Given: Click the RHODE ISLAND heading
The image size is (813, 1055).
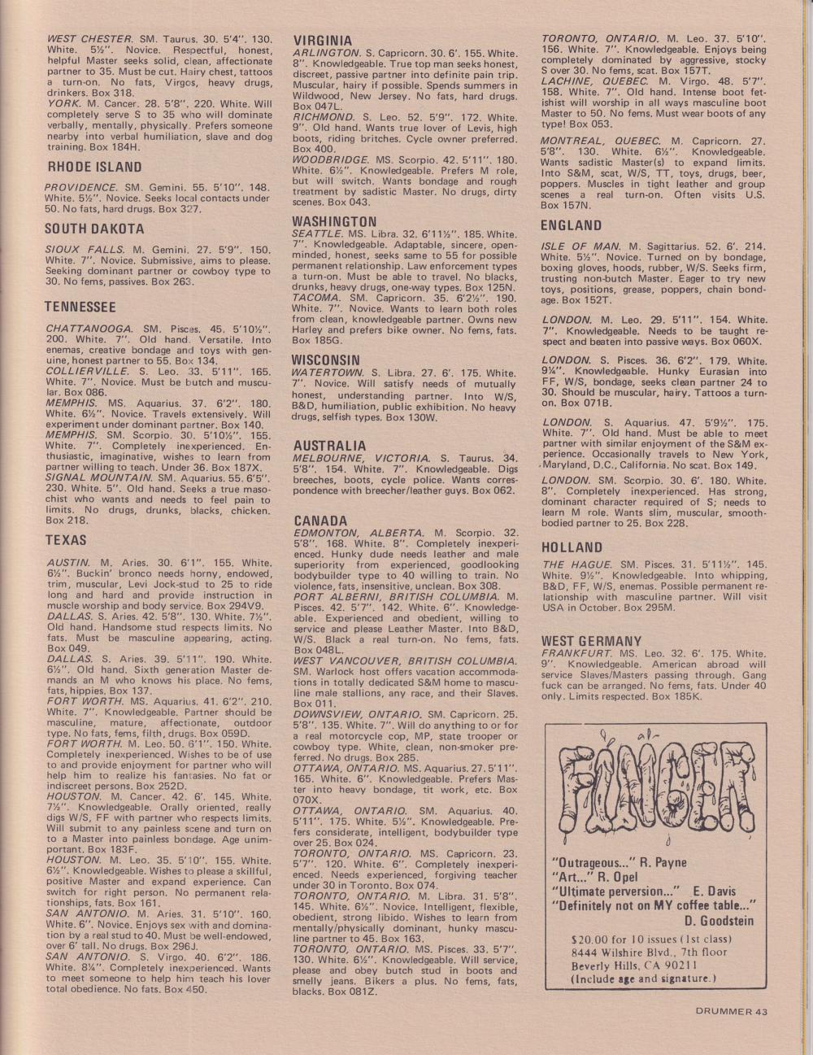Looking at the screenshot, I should point(93,168).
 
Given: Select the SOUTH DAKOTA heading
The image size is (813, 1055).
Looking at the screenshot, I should point(94,229).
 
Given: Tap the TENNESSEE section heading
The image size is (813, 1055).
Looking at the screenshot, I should point(81,307).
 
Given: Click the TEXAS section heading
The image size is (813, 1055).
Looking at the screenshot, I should point(66,540).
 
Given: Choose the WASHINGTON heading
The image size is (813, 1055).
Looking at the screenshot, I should point(334,221).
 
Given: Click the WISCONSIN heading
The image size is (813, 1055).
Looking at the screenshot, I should point(327,360).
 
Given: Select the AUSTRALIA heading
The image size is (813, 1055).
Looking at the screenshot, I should point(329,446).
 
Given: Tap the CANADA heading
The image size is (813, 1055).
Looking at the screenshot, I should point(320,521).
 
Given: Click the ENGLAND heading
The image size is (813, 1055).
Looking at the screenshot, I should point(571,225).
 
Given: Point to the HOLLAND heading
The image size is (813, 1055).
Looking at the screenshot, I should point(571,547).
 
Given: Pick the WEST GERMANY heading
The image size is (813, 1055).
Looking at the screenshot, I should point(591,641).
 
